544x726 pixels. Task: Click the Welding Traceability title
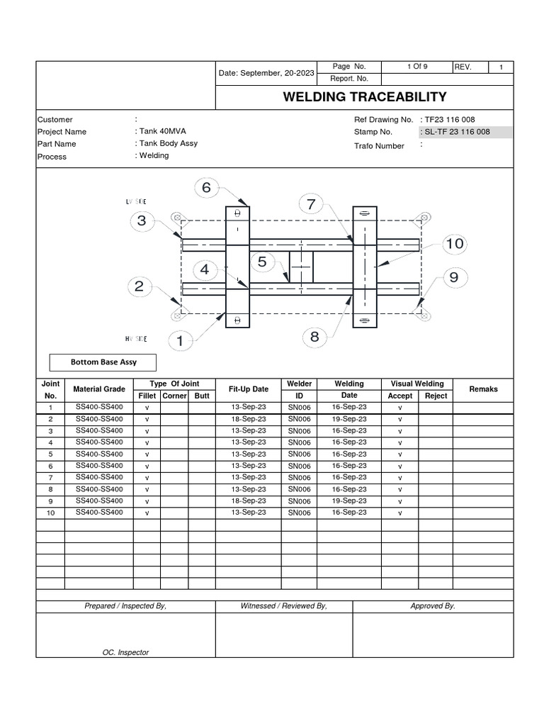pos(365,97)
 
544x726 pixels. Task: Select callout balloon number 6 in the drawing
pos(206,188)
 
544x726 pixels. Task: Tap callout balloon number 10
pos(454,244)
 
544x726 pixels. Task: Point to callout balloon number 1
pos(180,342)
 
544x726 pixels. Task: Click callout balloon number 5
pos(262,262)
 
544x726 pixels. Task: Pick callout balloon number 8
pos(314,337)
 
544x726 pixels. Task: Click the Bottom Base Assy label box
pos(103,362)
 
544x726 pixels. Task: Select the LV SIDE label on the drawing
pos(137,202)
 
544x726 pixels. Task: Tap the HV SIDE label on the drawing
pos(137,339)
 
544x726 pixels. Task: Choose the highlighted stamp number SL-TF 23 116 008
pos(465,132)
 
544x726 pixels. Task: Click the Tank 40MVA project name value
pos(161,132)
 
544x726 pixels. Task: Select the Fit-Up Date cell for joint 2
pos(249,419)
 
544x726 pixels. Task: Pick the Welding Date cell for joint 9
pos(349,501)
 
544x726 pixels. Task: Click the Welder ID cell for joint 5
pos(299,454)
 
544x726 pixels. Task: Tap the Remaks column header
pos(484,389)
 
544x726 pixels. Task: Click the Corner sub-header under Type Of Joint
pos(174,396)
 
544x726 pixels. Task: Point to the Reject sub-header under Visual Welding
pos(436,396)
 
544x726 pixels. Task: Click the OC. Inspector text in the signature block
pos(126,652)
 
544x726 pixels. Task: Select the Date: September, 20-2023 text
pos(266,73)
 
